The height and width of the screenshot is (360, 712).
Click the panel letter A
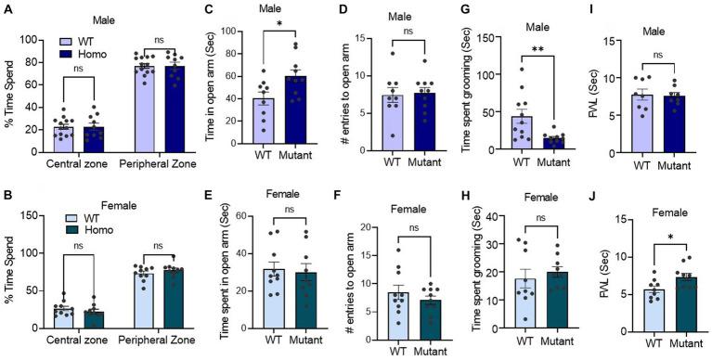pyautogui.click(x=7, y=8)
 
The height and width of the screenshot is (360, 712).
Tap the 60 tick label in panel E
pyautogui.click(x=243, y=216)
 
